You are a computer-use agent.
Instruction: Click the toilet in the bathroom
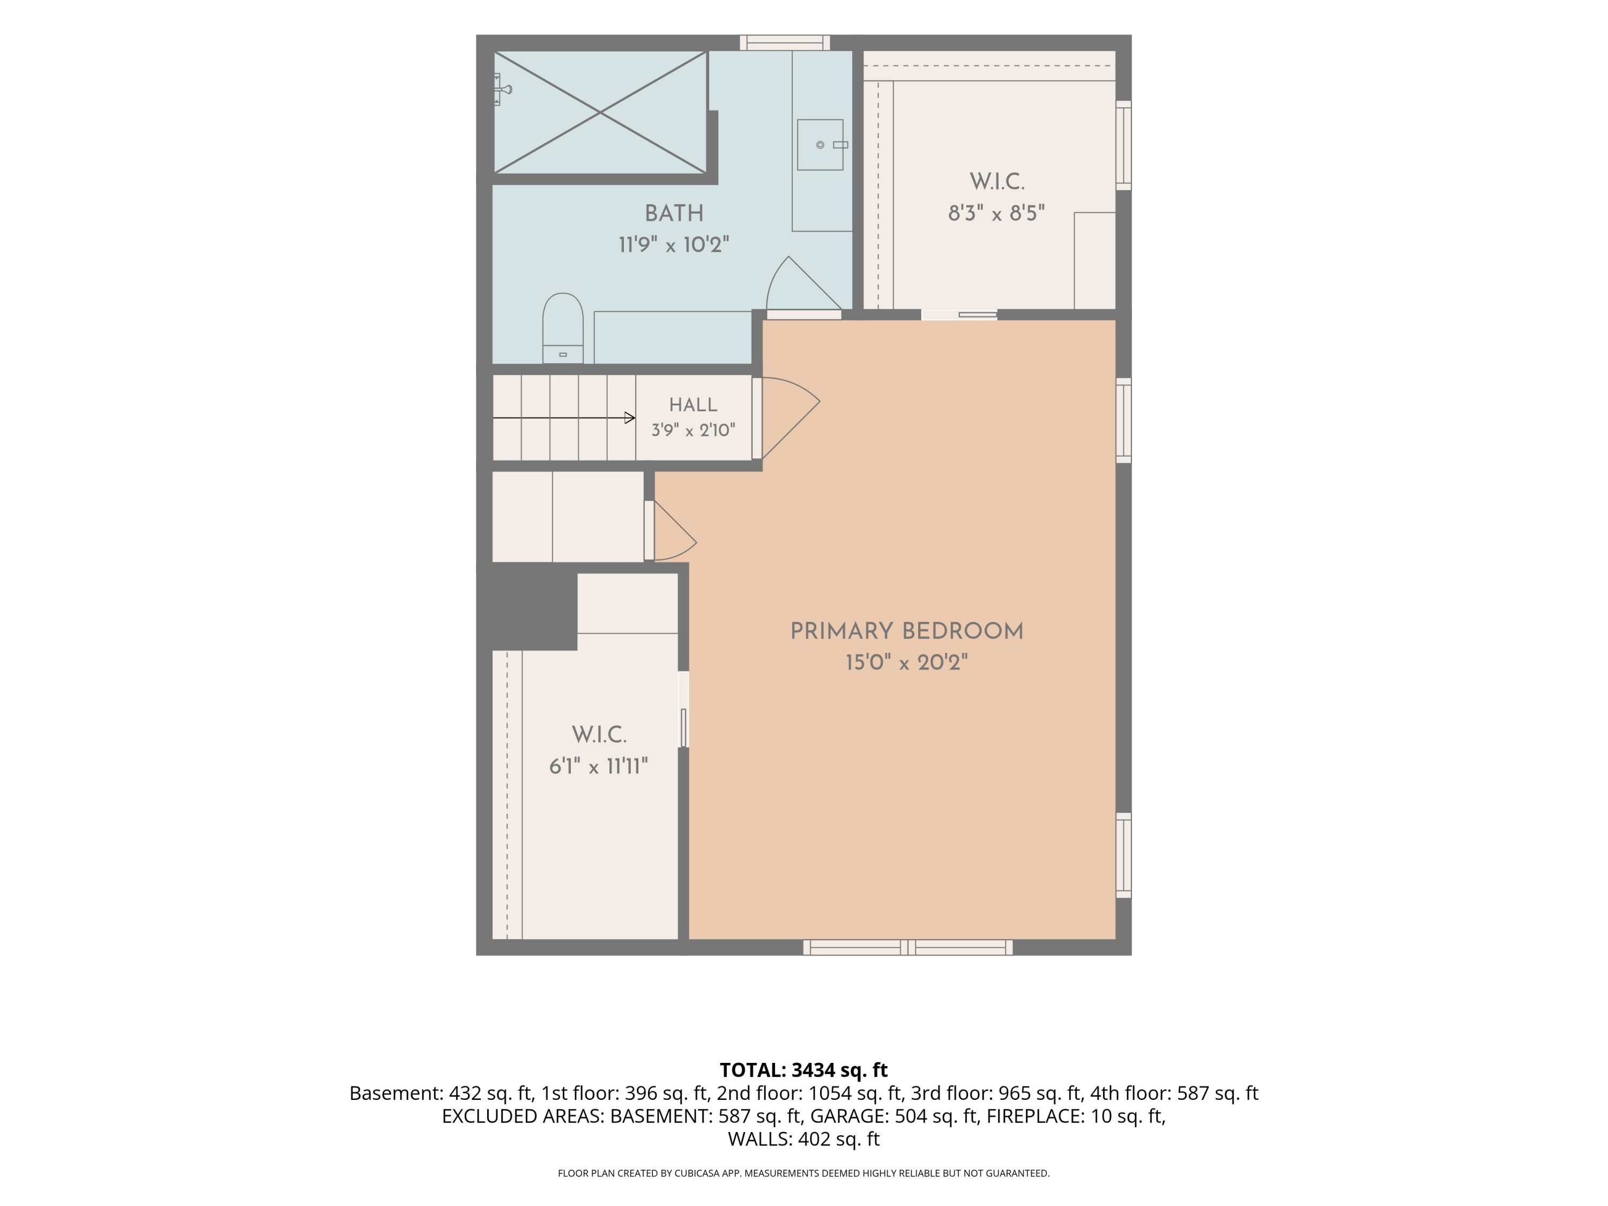point(563,328)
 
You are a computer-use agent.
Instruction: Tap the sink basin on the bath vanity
point(820,145)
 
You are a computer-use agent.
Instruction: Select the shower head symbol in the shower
point(502,90)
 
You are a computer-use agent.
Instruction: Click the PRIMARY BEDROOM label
point(906,631)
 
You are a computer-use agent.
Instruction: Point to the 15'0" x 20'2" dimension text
point(906,663)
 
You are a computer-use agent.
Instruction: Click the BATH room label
point(674,214)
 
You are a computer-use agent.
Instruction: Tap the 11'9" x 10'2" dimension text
point(674,245)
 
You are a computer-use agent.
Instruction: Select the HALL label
point(693,405)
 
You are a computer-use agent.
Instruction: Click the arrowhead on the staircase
point(630,418)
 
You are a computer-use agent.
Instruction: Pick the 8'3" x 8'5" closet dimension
point(996,213)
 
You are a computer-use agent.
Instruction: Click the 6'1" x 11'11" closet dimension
point(598,766)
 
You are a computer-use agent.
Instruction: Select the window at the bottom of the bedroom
point(908,947)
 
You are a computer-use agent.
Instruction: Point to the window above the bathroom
point(785,42)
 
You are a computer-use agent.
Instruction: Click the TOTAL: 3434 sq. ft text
point(803,1070)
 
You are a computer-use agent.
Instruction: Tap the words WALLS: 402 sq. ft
point(803,1139)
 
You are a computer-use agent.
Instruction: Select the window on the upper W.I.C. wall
point(1123,145)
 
